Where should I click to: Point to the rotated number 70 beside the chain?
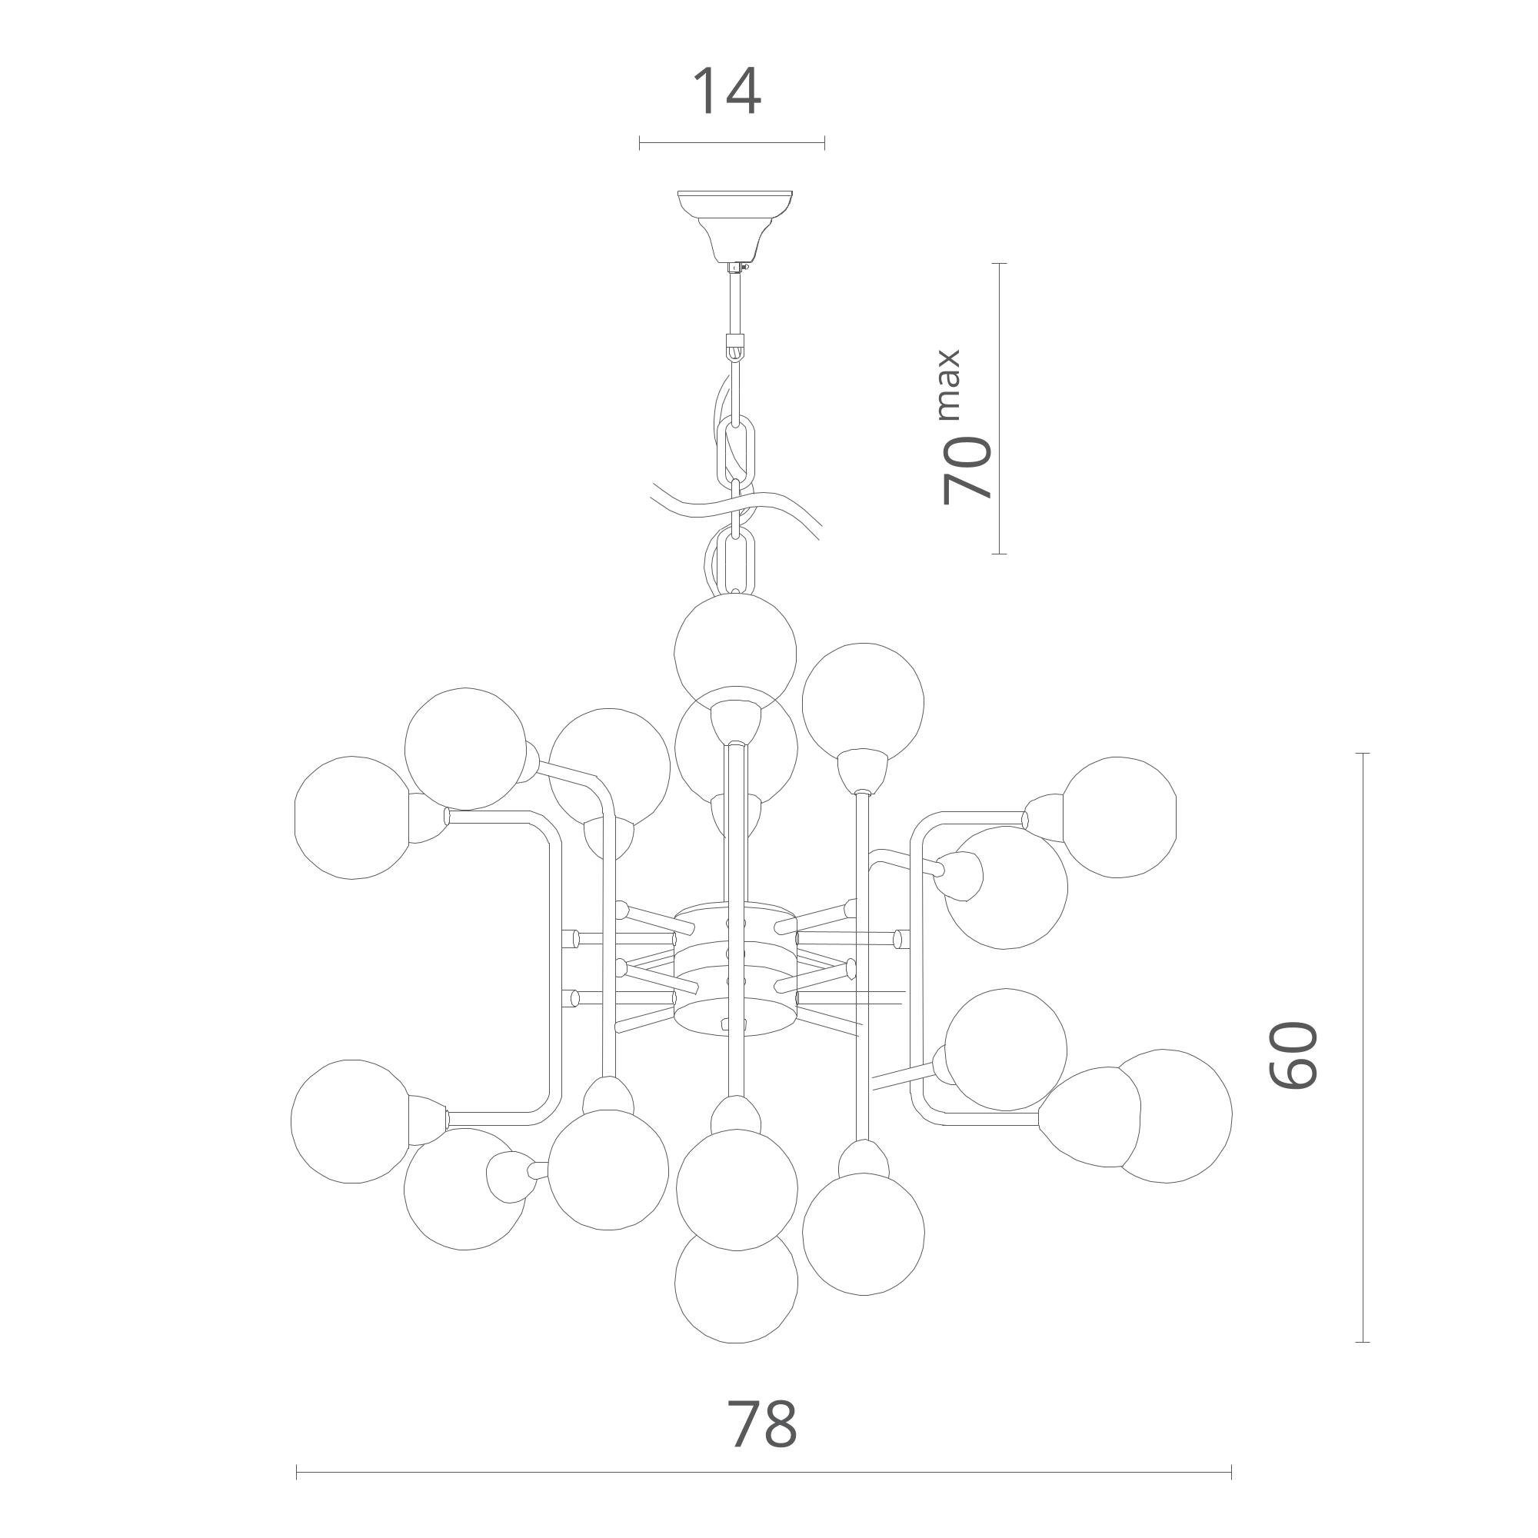(x=967, y=470)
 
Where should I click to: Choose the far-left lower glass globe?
(x=351, y=1121)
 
